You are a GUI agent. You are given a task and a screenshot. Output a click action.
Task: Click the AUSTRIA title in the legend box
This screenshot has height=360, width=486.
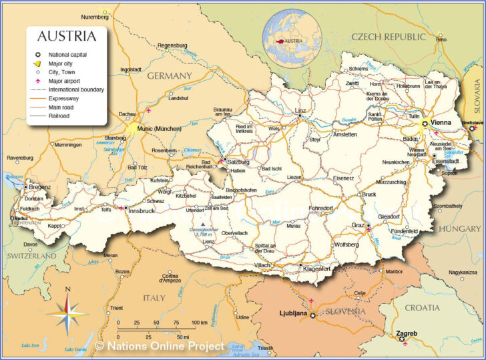[x=66, y=36]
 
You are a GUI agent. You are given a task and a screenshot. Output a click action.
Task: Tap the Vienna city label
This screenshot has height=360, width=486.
[x=441, y=123]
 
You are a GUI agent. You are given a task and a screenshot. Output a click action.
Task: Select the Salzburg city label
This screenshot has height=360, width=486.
[x=238, y=162]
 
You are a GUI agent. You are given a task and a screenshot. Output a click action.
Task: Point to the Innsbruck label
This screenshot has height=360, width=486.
[x=141, y=211]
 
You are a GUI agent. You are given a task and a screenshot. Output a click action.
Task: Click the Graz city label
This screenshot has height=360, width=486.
[x=358, y=225]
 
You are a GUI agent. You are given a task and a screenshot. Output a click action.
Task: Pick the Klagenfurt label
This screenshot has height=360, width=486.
[x=317, y=269]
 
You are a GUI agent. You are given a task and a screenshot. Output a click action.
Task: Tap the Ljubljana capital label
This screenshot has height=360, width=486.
[x=293, y=313]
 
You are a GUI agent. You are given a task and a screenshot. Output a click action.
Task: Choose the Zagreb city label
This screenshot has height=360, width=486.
[x=407, y=333]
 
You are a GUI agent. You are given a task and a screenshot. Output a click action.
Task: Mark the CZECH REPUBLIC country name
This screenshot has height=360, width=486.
[x=388, y=37]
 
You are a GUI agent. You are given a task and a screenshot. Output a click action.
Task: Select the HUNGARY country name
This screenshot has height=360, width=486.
[x=459, y=229]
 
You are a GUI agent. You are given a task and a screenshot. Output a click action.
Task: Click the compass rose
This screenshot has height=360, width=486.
[x=67, y=311]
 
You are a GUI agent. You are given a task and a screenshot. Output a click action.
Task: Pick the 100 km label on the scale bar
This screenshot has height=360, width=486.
[x=199, y=323]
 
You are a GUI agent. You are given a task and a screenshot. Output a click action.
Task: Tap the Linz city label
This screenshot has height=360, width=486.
[x=300, y=110]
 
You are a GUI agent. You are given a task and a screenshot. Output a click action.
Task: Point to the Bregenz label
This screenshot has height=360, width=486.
[x=39, y=187]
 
